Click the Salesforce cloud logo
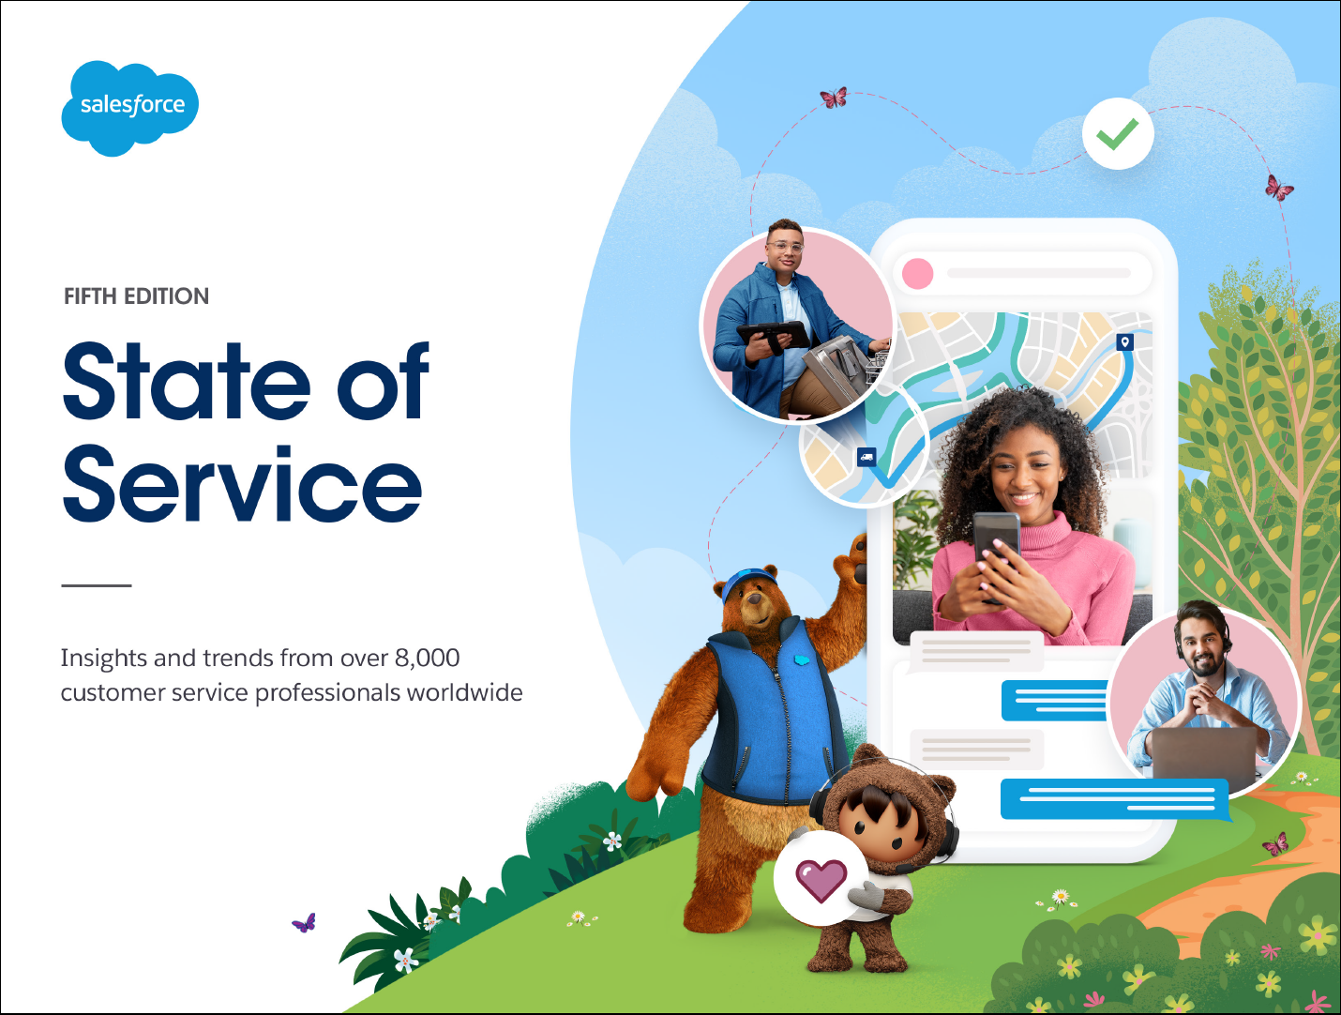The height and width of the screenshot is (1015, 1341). tap(130, 108)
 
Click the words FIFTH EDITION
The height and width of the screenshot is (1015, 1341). tap(136, 296)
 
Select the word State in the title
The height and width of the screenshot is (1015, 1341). tap(187, 382)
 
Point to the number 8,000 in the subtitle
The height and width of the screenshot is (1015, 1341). tap(427, 659)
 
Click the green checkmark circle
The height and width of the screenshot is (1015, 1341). tap(1118, 133)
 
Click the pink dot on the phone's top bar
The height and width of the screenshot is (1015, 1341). tap(917, 273)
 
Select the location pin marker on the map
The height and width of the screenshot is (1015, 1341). tap(1124, 341)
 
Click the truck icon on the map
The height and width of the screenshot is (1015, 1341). tap(866, 457)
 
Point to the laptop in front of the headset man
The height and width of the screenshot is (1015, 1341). tap(1203, 758)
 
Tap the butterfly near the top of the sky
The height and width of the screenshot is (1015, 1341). tap(834, 98)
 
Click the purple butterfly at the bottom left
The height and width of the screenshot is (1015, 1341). tap(304, 923)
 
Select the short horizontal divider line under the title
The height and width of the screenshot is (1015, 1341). tap(97, 585)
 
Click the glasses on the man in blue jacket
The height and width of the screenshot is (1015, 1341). tap(785, 247)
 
